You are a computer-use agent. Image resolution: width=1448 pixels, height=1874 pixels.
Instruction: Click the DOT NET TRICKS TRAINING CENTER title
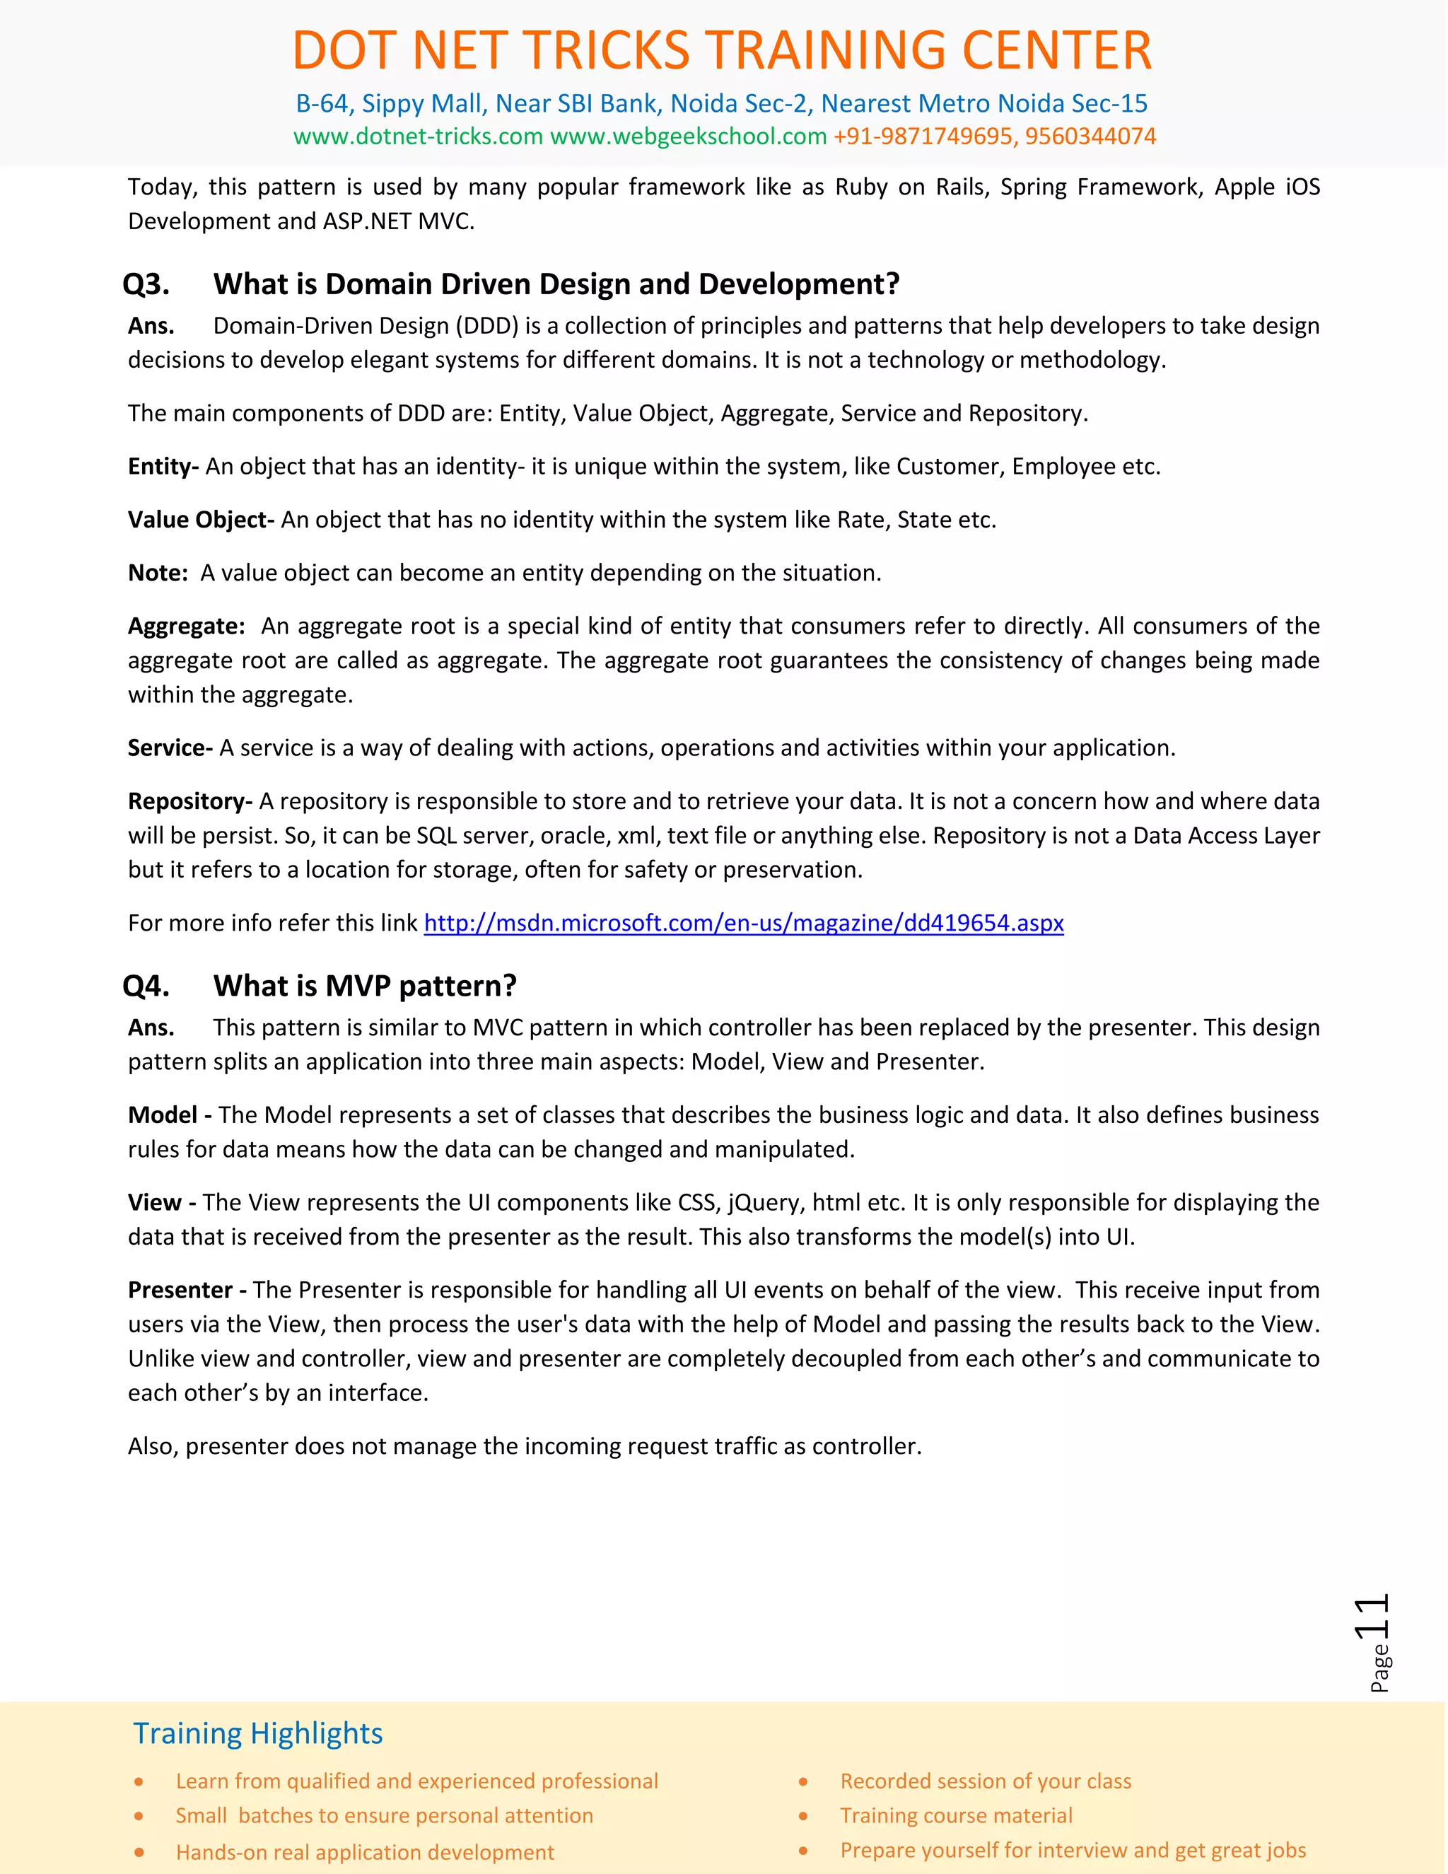pyautogui.click(x=723, y=50)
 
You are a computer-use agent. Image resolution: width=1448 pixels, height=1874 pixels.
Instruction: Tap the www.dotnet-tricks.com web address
pyautogui.click(x=418, y=136)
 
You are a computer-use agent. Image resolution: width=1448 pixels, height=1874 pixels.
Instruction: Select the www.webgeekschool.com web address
pyautogui.click(x=688, y=136)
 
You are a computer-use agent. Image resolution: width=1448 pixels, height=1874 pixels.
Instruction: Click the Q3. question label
pyautogui.click(x=146, y=284)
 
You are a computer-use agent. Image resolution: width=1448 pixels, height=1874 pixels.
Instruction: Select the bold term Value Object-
pyautogui.click(x=201, y=519)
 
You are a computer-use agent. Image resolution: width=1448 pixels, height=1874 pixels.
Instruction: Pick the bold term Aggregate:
pyautogui.click(x=186, y=626)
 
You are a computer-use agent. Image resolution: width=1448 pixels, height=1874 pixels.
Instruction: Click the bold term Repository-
pyautogui.click(x=189, y=801)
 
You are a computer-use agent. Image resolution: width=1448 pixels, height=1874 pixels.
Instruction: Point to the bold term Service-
pyautogui.click(x=170, y=747)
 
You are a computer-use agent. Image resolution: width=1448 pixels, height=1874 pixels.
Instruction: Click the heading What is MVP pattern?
pyautogui.click(x=365, y=985)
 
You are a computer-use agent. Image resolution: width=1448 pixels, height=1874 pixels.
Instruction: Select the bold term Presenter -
pyautogui.click(x=187, y=1290)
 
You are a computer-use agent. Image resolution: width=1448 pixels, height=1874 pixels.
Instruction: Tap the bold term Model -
pyautogui.click(x=169, y=1114)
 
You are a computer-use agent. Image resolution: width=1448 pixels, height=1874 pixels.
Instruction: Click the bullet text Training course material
pyautogui.click(x=956, y=1815)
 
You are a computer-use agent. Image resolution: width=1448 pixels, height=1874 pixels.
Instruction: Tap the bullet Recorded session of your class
pyautogui.click(x=985, y=1781)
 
